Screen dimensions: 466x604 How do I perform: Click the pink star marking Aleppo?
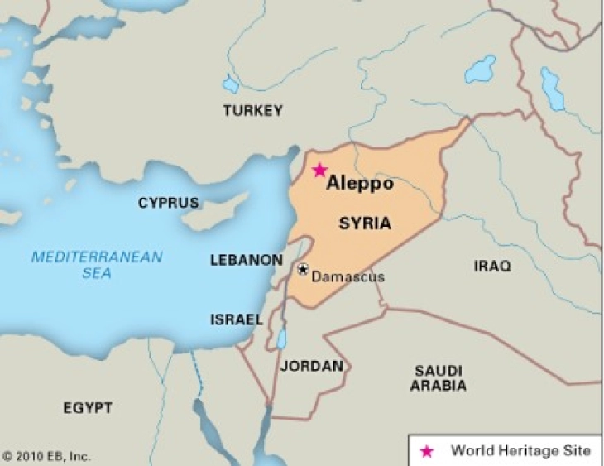click(x=319, y=170)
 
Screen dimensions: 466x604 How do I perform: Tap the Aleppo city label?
click(x=359, y=184)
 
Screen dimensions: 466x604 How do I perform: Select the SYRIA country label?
click(x=365, y=223)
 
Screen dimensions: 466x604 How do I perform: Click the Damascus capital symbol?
click(x=303, y=269)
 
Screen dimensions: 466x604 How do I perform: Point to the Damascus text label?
click(x=348, y=276)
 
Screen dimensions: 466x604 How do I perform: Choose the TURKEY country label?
click(x=252, y=110)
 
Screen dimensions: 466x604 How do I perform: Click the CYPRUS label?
click(x=168, y=203)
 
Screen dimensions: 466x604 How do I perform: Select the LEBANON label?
click(x=246, y=260)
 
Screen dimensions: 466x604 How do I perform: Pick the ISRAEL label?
click(x=237, y=319)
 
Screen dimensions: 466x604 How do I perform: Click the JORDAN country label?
click(x=311, y=366)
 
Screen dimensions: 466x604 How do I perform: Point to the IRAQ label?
click(x=492, y=266)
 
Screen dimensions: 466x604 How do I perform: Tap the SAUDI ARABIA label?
click(x=439, y=378)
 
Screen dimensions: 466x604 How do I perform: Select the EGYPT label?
click(x=88, y=408)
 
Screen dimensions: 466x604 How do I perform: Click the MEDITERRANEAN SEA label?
click(x=97, y=265)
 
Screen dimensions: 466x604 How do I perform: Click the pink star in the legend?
click(x=427, y=451)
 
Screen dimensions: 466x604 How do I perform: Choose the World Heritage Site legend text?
click(x=520, y=451)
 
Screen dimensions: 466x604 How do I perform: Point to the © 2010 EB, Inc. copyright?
click(x=46, y=456)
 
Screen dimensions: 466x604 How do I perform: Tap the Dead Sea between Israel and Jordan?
click(x=281, y=339)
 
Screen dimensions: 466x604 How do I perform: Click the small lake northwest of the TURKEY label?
click(x=230, y=84)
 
